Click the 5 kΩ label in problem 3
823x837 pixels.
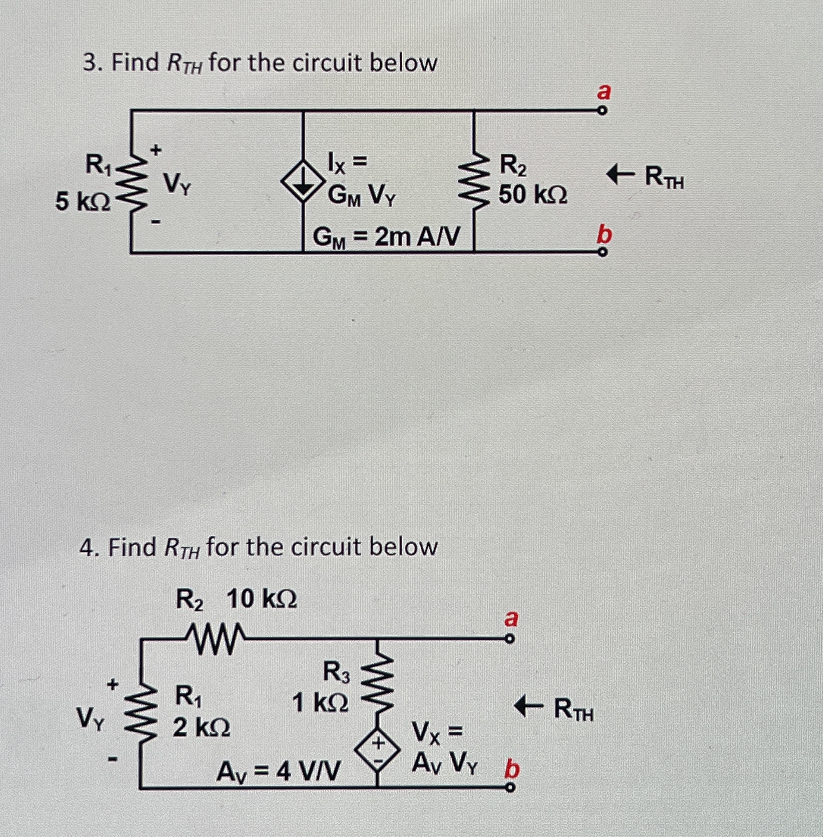(x=83, y=202)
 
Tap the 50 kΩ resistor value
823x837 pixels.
(x=533, y=195)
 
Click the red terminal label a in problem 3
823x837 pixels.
(x=604, y=92)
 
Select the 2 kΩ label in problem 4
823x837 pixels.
(x=202, y=728)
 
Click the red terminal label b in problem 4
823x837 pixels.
(x=513, y=769)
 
